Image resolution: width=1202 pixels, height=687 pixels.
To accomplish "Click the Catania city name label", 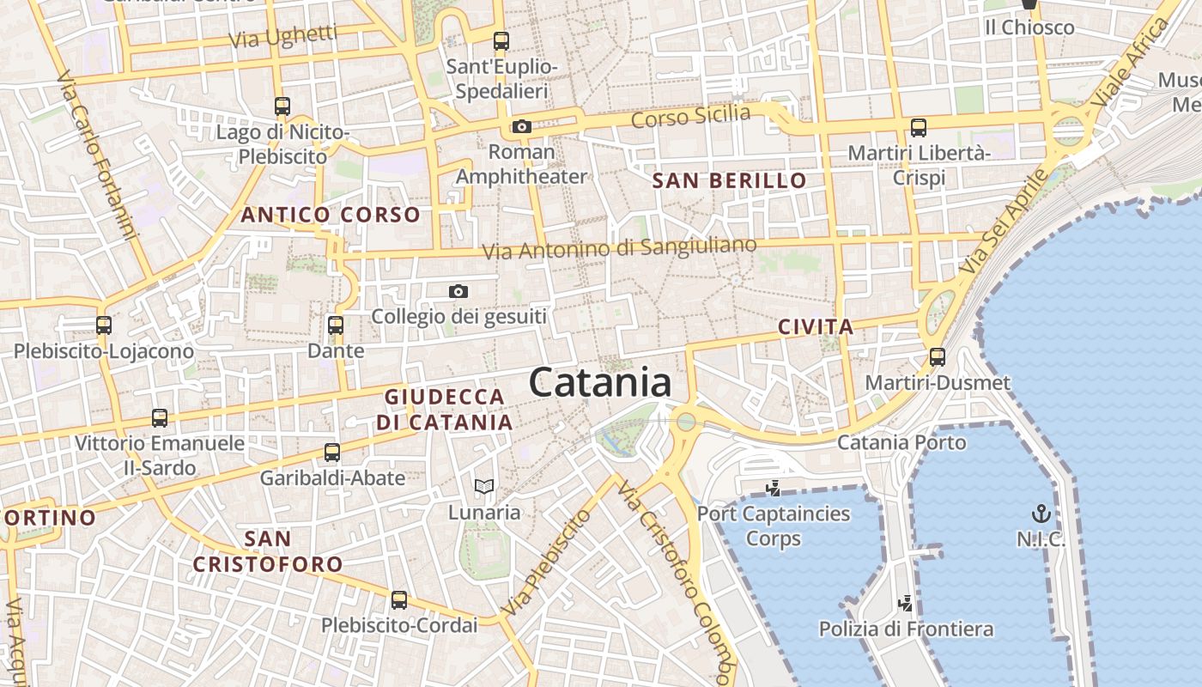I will tap(600, 382).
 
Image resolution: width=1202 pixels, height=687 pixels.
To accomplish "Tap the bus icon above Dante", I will tap(336, 325).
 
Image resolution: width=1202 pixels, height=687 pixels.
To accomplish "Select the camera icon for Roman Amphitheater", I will tap(521, 126).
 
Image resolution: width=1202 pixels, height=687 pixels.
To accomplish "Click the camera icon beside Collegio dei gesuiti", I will tap(458, 291).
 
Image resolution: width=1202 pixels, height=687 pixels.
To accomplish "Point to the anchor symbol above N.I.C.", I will tap(1041, 514).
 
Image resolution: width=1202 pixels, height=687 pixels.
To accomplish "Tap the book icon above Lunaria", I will tap(484, 487).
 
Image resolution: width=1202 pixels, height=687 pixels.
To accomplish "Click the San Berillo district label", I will tap(729, 180).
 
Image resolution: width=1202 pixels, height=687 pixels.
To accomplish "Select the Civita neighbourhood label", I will tap(816, 326).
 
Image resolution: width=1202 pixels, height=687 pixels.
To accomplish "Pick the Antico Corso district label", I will tap(331, 215).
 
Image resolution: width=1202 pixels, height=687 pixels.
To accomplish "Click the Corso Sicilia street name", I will tap(690, 115).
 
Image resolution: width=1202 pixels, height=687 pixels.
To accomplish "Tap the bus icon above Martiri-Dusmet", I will tap(938, 356).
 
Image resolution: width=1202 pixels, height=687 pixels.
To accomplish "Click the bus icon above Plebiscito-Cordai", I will tap(399, 599).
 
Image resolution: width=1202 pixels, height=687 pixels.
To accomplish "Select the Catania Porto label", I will tap(901, 442).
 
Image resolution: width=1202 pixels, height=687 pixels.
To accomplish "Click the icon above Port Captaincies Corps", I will tap(774, 488).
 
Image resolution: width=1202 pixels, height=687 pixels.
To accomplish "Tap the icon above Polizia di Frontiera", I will tap(905, 603).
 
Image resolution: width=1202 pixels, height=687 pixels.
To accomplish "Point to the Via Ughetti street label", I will tap(282, 37).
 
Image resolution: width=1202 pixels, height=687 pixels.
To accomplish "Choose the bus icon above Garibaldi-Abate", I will tap(332, 452).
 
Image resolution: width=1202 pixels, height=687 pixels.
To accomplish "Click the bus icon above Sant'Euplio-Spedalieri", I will tap(501, 40).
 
